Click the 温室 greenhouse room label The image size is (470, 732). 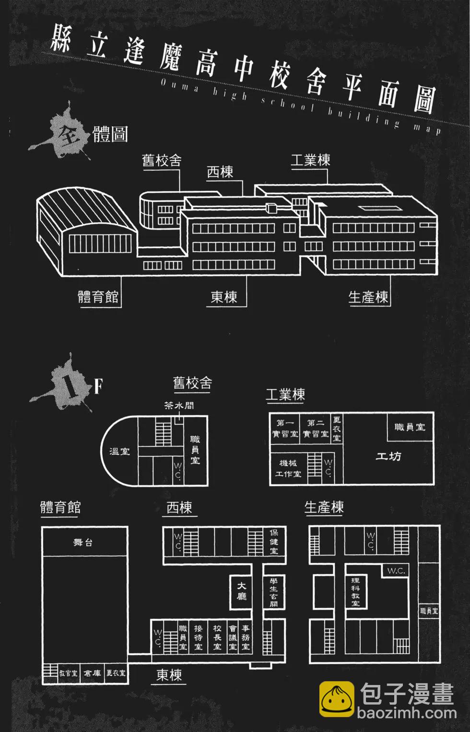click(119, 451)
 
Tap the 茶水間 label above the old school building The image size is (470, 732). click(179, 405)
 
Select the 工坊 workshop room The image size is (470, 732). click(388, 456)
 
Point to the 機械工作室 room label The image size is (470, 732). click(288, 469)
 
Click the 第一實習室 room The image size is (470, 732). click(285, 428)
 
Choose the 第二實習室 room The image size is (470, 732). click(316, 428)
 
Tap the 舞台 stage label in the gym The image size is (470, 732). click(83, 543)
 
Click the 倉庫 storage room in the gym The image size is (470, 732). click(92, 673)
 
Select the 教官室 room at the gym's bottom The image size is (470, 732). click(68, 673)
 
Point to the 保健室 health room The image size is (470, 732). click(274, 542)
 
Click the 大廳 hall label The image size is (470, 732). click(241, 591)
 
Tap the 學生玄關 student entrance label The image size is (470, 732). click(274, 592)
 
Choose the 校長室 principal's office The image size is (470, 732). click(217, 638)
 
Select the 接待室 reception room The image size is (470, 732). click(198, 638)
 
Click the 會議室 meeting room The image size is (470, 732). click(233, 638)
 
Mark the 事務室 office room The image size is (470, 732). click(246, 638)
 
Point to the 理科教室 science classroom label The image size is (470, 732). click(355, 592)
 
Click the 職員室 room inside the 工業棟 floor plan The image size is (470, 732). click(410, 427)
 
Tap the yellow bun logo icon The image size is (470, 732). click(337, 699)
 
